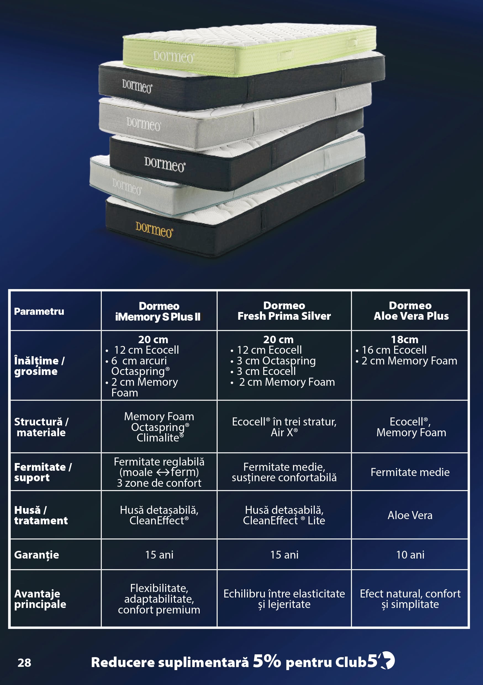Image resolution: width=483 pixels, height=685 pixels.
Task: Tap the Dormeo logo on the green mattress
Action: click(x=173, y=57)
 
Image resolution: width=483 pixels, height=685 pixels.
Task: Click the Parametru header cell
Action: click(x=39, y=311)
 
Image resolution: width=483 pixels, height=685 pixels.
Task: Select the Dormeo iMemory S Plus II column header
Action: click(x=159, y=311)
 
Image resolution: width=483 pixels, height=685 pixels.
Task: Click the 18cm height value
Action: click(x=405, y=340)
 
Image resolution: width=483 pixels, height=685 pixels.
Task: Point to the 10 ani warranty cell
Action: click(x=410, y=555)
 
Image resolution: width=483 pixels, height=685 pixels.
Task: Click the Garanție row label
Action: click(x=36, y=555)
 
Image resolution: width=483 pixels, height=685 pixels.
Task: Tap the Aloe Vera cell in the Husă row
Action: click(x=410, y=515)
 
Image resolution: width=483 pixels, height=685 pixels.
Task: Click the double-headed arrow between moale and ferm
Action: click(x=163, y=473)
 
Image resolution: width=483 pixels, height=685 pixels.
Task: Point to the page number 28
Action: click(x=24, y=663)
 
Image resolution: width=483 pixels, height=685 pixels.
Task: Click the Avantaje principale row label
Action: click(x=40, y=599)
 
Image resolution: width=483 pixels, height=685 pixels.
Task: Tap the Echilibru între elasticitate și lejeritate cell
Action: click(x=284, y=599)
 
